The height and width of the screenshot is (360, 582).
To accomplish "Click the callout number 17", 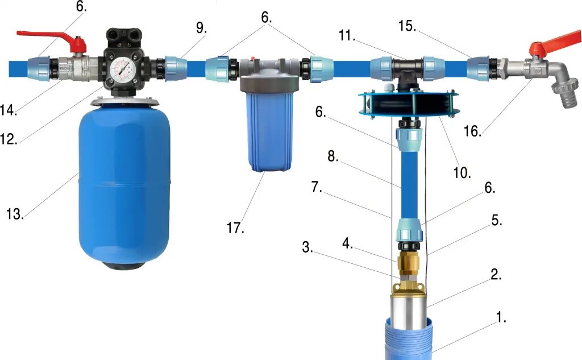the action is click(235, 227).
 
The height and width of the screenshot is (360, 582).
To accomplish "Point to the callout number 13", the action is click(15, 214).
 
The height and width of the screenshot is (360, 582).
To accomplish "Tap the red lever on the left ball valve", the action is click(52, 40).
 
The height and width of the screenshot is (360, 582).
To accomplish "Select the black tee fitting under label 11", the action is click(407, 71).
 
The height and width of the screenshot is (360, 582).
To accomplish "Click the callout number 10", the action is click(462, 172).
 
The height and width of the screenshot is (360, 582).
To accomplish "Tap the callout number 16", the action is click(472, 131).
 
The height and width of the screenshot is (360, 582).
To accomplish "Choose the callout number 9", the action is click(201, 27).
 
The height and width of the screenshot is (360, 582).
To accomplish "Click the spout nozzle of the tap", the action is click(564, 96).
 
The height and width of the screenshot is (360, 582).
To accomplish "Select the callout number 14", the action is click(9, 110).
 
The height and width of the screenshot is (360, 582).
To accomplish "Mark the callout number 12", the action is click(9, 139).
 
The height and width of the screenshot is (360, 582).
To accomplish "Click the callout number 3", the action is click(307, 247).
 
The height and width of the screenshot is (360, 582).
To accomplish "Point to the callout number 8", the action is click(333, 156).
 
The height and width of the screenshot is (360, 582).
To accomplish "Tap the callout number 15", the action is click(407, 26).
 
